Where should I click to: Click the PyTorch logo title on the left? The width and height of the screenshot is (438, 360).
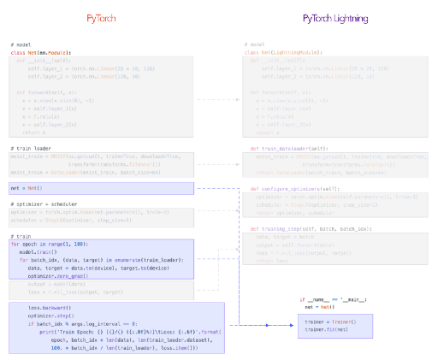[x=104, y=18]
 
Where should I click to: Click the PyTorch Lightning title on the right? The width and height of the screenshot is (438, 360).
[x=335, y=18]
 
